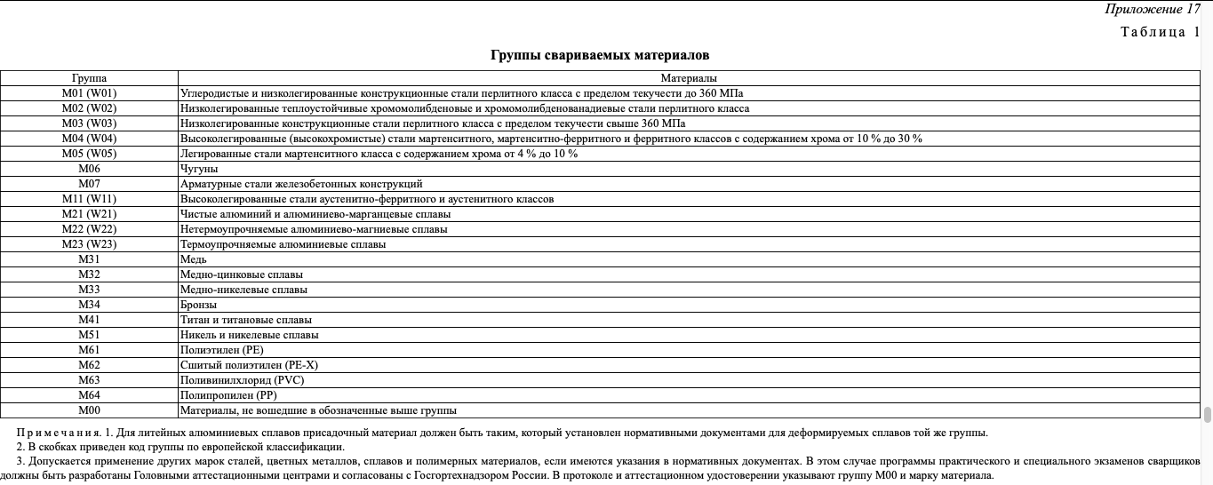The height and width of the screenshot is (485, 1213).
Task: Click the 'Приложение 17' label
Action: (1153, 10)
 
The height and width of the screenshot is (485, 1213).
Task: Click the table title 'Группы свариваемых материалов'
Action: (600, 55)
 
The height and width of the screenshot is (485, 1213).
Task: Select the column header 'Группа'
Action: (89, 78)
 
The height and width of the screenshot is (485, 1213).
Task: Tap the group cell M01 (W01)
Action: (89, 93)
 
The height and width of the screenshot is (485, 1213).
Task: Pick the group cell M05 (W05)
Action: (89, 154)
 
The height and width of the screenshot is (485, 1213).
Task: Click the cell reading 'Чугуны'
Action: (199, 169)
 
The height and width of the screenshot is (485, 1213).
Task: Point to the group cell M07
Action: (89, 184)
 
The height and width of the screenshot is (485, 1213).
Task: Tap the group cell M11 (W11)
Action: (89, 199)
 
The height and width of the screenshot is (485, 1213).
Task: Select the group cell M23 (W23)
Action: (89, 244)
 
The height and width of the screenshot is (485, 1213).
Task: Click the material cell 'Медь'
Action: (194, 259)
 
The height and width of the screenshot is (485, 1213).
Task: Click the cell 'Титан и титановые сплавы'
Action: (245, 320)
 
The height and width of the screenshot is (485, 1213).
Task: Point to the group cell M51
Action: (89, 335)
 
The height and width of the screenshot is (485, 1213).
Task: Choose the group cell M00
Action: (89, 410)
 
